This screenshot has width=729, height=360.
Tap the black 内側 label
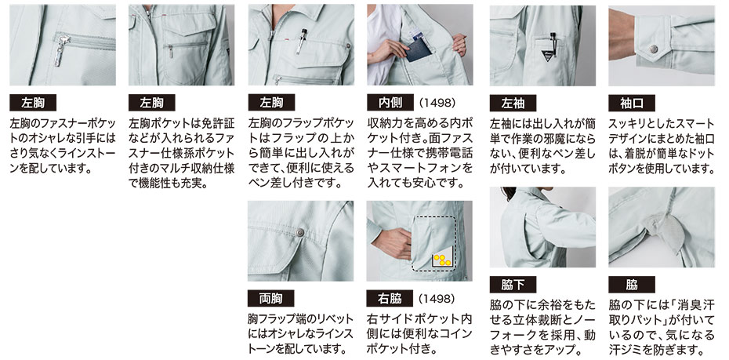(x=390, y=102)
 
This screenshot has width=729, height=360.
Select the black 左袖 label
(x=513, y=103)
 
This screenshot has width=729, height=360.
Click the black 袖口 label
(x=632, y=103)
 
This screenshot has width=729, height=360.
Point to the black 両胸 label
(x=270, y=298)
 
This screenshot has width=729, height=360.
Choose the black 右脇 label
(x=390, y=298)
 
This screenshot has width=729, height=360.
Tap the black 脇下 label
(x=513, y=284)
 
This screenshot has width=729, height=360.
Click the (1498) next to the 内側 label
(x=437, y=102)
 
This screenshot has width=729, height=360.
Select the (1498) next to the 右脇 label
(x=437, y=298)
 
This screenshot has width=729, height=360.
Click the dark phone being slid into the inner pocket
(x=419, y=49)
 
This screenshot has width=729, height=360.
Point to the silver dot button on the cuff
(x=655, y=49)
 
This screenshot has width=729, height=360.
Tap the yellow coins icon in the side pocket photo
(x=441, y=260)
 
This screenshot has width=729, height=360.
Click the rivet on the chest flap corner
(x=300, y=232)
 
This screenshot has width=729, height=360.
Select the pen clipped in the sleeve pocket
(x=553, y=43)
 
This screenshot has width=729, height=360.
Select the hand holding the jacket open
(x=459, y=45)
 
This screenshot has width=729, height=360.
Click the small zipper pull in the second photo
(x=170, y=51)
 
